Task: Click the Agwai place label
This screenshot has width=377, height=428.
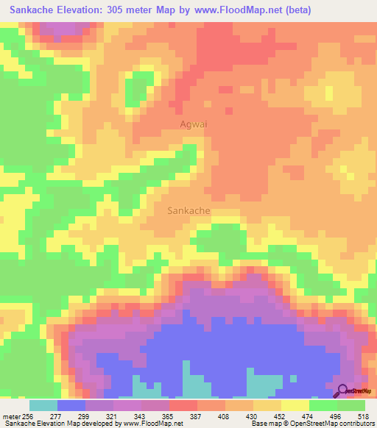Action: pyautogui.click(x=194, y=124)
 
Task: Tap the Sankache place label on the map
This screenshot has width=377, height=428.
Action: pyautogui.click(x=189, y=210)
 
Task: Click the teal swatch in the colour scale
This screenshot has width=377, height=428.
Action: pyautogui.click(x=43, y=405)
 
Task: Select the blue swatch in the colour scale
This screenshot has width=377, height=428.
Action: pyautogui.click(x=71, y=405)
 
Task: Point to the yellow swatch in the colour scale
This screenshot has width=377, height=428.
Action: pyautogui.click(x=295, y=405)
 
